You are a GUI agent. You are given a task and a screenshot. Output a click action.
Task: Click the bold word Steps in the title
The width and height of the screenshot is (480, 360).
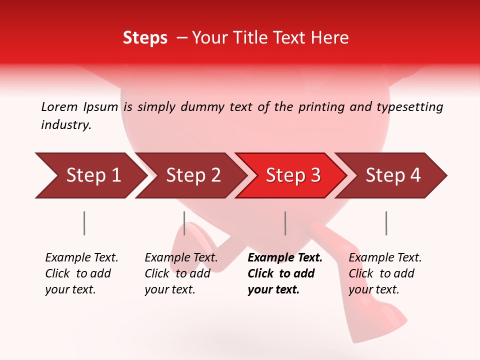coord(145,38)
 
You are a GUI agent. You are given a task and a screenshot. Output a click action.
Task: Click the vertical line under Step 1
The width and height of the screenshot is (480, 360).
coord(84,223)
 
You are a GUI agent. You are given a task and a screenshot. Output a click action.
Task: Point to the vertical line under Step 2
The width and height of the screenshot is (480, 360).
coord(184,223)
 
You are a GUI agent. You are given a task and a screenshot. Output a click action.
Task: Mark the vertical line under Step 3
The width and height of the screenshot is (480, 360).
coord(285,223)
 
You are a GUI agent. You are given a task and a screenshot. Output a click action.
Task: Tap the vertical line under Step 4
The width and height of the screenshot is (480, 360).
coord(386,223)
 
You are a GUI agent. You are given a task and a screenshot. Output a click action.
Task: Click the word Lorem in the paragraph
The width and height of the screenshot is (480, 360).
coord(59,106)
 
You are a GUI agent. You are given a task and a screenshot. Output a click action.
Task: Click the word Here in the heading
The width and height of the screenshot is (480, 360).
coord(331,38)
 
